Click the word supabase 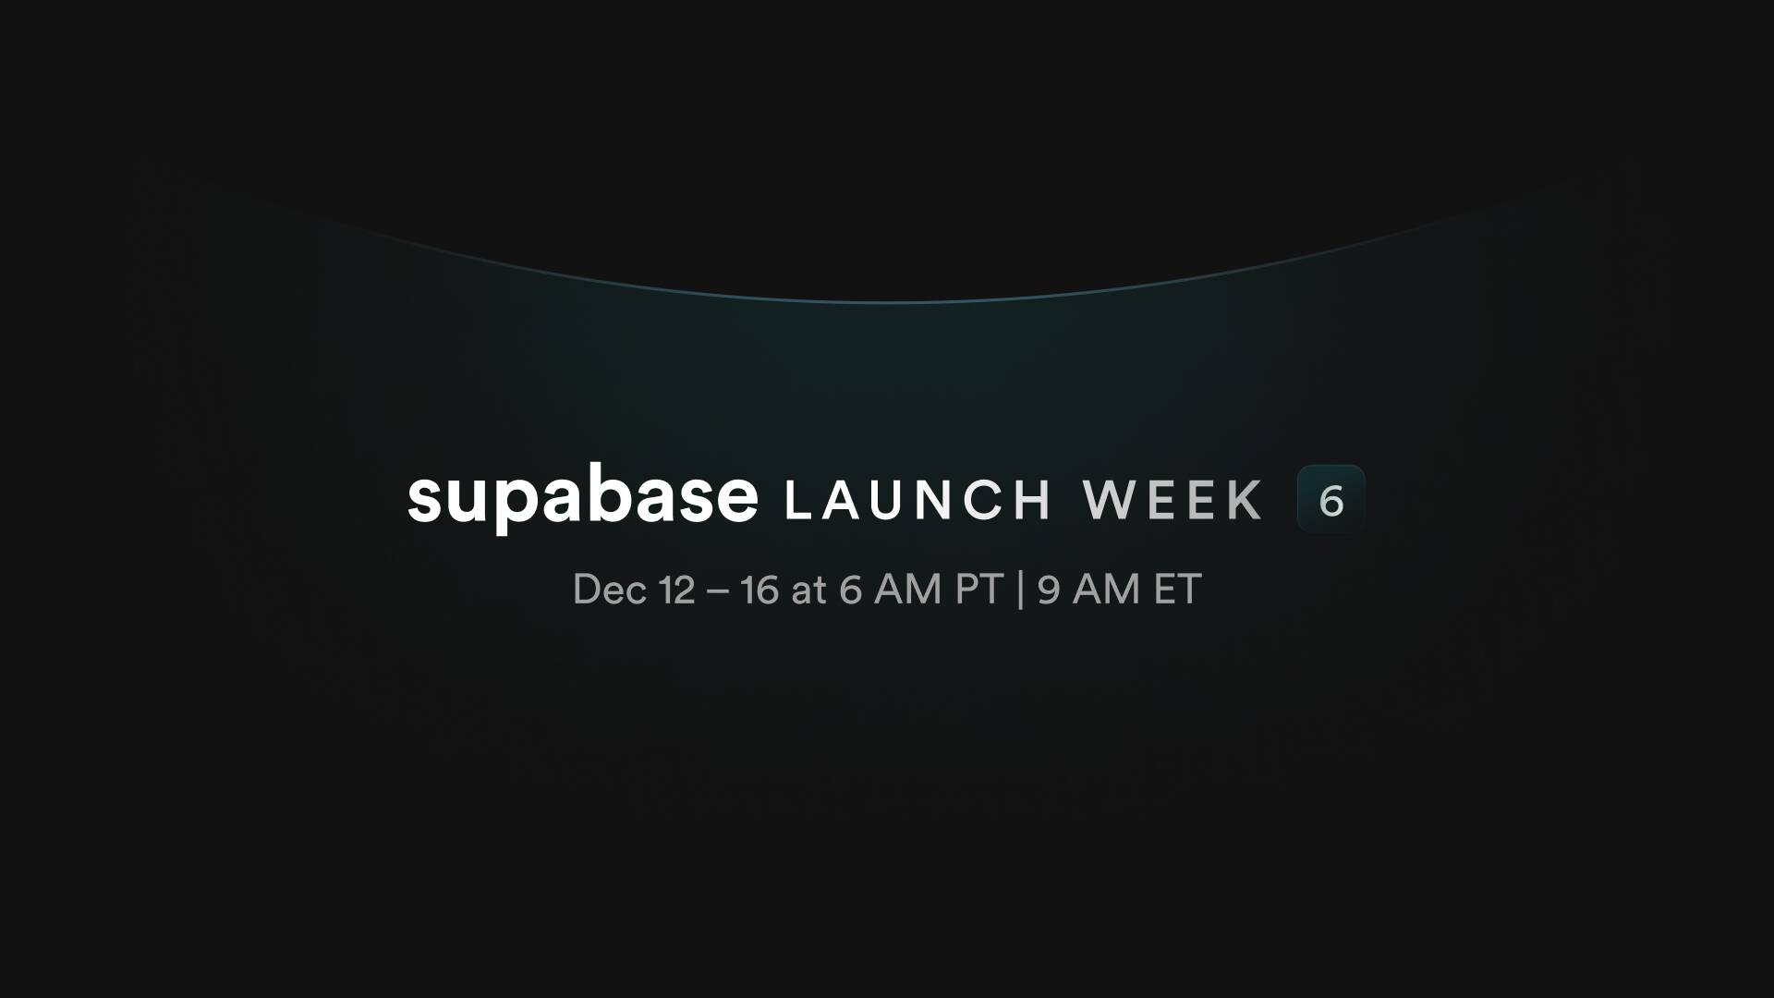582,497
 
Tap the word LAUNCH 917,500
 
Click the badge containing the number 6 1331,499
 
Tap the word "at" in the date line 808,591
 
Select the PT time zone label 979,590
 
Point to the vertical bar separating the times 1020,590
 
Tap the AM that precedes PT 908,590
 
